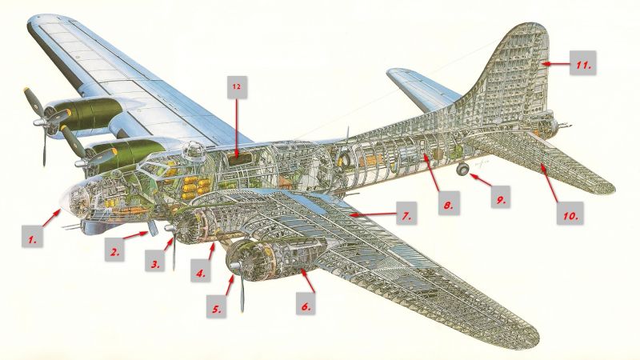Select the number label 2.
point(116,251)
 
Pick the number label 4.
point(200,273)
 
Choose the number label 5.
point(216,306)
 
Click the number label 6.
point(306,305)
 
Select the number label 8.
point(449,205)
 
